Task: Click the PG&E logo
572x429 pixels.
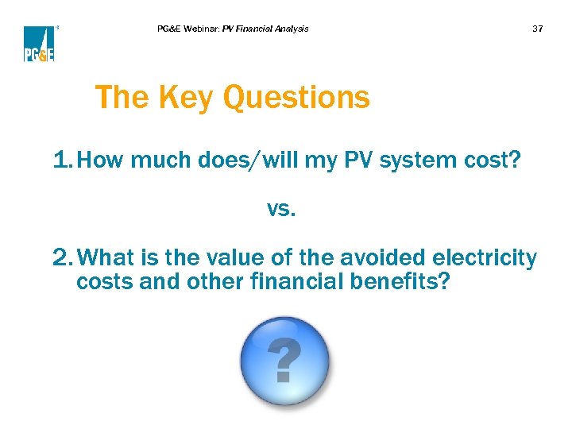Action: (x=39, y=44)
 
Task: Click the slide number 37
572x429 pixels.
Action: (x=537, y=29)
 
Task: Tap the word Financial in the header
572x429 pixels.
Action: (x=255, y=29)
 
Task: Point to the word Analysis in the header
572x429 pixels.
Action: (x=292, y=29)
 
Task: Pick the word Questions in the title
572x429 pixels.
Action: (x=296, y=99)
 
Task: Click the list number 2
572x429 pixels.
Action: (x=62, y=259)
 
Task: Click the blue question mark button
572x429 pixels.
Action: (x=285, y=361)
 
